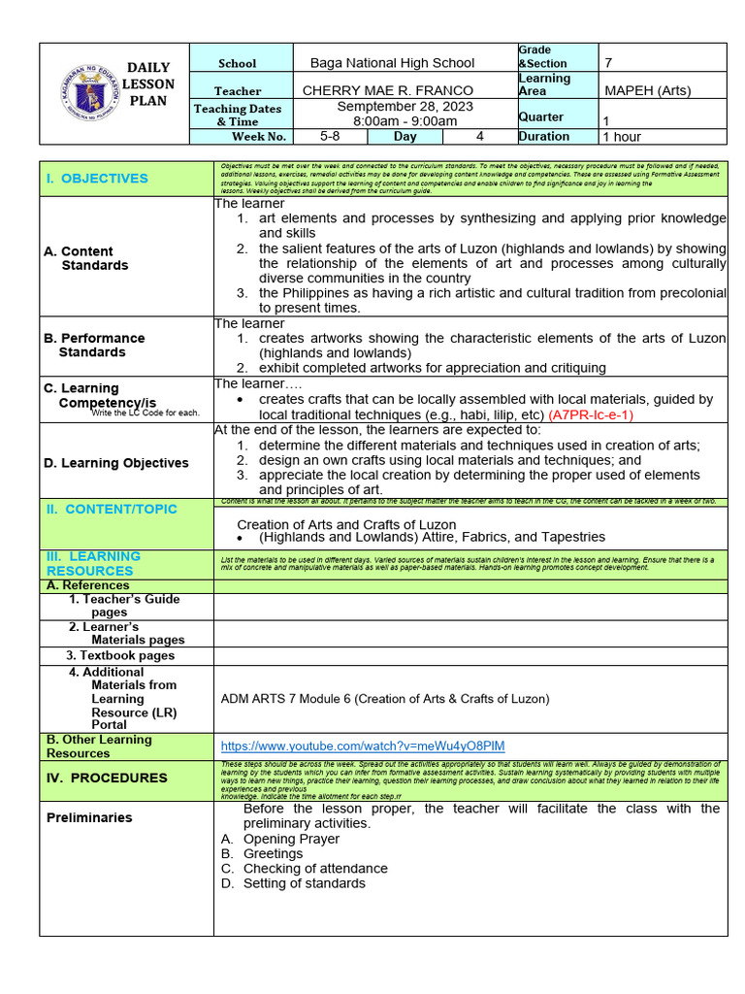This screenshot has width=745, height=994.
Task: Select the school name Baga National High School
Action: coord(392,63)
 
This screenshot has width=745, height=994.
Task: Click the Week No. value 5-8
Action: coord(330,137)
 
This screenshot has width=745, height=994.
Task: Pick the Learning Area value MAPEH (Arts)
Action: coord(648,90)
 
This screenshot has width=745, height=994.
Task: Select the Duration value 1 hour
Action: coord(629,137)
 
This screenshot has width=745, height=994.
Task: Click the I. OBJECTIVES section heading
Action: coord(96,179)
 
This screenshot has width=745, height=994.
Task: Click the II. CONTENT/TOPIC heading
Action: coord(111,509)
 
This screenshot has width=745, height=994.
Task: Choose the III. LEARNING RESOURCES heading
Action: coord(93,563)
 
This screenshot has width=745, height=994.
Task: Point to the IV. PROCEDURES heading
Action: coord(107,778)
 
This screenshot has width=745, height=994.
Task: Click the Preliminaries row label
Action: coord(89,817)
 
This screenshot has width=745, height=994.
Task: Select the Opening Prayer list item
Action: coord(291,839)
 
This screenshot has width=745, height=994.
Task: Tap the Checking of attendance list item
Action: coord(314,869)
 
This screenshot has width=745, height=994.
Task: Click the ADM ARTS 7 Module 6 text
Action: coord(385,698)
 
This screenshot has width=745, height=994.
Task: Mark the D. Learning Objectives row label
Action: coord(115,463)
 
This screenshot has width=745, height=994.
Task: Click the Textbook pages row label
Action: coord(121,655)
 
